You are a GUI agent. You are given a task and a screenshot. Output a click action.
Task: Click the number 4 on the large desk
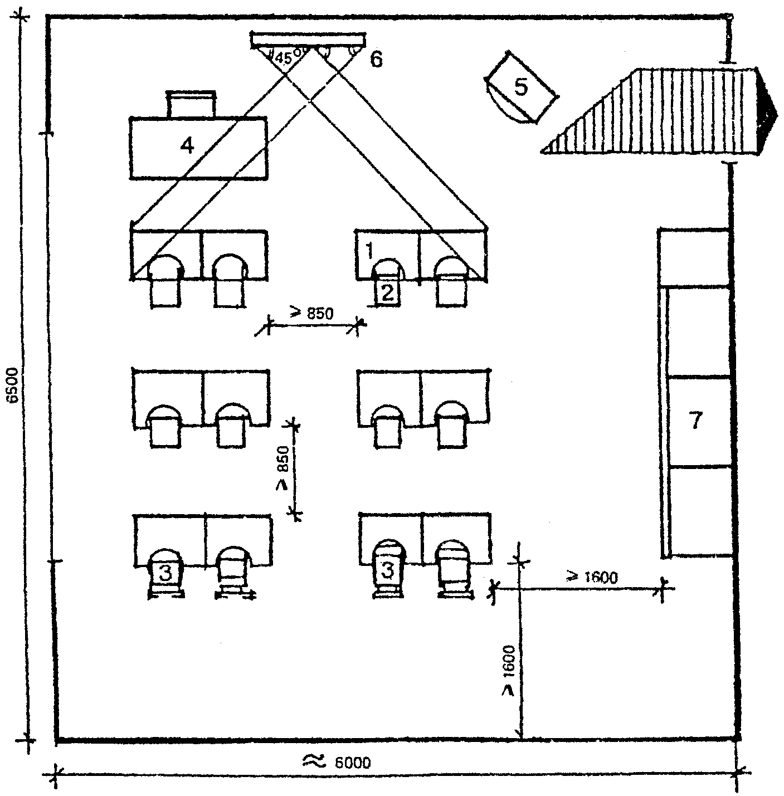188,146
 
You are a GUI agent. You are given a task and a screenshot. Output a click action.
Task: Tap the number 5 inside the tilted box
521,87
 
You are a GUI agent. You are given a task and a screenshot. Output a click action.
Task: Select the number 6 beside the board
377,59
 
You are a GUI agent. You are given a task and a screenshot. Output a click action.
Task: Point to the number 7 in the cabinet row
696,421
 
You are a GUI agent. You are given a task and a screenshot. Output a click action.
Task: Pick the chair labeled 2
387,292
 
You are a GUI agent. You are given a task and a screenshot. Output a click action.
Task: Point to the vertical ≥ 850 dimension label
283,468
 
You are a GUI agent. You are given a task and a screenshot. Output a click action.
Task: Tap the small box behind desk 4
191,104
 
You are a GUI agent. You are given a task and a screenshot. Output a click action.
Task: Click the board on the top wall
308,40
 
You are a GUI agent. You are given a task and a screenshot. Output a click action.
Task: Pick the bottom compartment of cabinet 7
700,511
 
